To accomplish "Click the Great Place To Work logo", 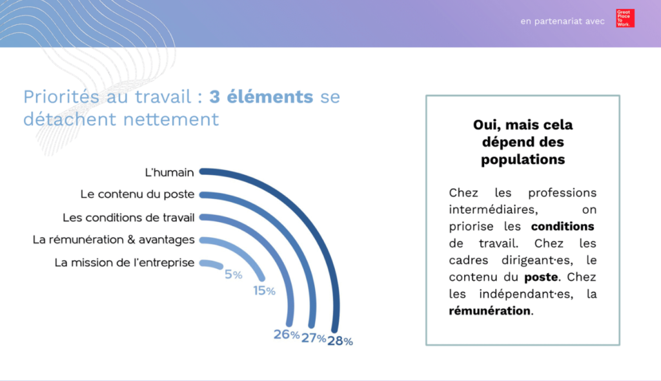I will (x=625, y=18).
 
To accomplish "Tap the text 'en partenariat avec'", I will (x=562, y=21).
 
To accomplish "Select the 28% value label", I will (x=340, y=342).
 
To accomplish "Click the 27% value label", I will (x=313, y=338).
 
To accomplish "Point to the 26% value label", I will (x=286, y=335).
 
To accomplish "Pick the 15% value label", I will (x=264, y=291).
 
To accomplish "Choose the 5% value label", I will (x=233, y=274).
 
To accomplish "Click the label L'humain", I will (x=170, y=172).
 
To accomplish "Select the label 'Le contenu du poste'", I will (x=137, y=194).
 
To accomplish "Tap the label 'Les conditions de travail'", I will (x=128, y=218).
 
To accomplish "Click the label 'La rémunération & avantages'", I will (x=114, y=240).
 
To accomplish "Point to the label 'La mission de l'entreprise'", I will (x=125, y=263).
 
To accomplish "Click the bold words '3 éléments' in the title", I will (x=261, y=98).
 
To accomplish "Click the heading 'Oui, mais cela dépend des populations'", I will (x=522, y=141).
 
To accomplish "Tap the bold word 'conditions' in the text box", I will (x=562, y=227).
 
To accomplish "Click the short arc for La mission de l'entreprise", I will (x=213, y=264).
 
